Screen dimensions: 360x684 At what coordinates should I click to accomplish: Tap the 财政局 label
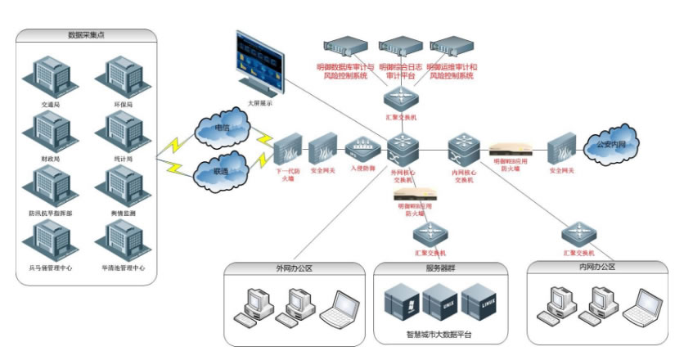pyautogui.click(x=50, y=158)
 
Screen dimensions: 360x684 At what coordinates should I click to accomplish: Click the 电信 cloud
pyautogui.click(x=220, y=128)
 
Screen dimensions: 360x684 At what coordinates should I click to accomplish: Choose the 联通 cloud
pyautogui.click(x=220, y=172)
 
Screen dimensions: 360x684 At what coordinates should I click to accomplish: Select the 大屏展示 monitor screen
pyautogui.click(x=259, y=62)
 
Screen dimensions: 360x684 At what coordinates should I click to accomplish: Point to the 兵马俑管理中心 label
pyautogui.click(x=51, y=268)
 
